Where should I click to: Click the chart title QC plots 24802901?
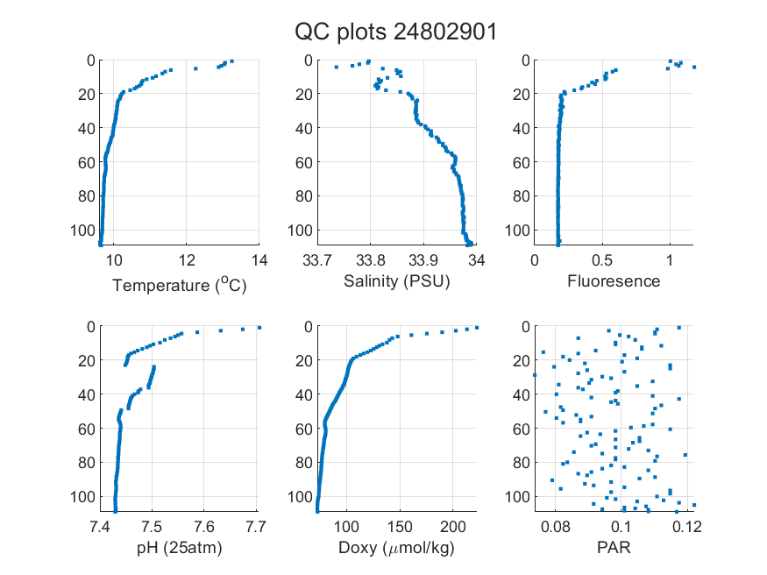395,32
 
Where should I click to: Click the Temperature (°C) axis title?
180,285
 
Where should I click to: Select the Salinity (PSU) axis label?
397,281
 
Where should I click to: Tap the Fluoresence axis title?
614,281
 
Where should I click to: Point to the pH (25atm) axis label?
180,548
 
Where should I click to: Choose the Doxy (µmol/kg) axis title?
397,548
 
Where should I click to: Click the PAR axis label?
614,547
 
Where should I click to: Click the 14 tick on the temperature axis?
259,260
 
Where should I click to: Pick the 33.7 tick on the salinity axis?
317,260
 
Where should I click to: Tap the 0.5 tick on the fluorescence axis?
602,260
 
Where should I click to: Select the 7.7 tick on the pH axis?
256,527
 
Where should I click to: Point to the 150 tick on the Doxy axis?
400,527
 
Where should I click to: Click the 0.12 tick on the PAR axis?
687,527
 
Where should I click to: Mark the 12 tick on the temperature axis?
187,260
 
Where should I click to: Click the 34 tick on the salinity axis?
477,260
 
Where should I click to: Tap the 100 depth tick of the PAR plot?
517,497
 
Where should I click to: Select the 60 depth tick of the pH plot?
87,429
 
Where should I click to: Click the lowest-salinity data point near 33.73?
336,67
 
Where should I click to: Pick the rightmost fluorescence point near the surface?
694,67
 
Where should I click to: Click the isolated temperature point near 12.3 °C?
195,68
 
